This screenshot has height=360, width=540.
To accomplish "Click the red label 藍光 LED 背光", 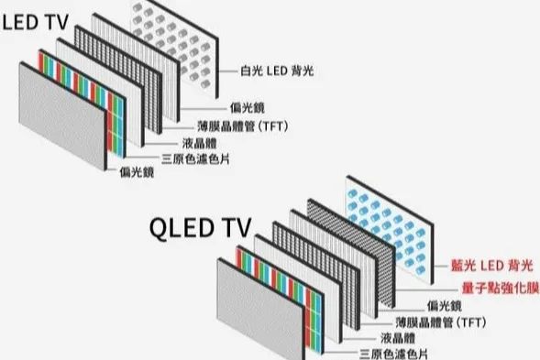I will click(x=490, y=264).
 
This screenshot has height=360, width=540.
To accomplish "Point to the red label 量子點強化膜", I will click(x=492, y=287).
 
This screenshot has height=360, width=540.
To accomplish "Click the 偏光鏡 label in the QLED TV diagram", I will click(x=445, y=303).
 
